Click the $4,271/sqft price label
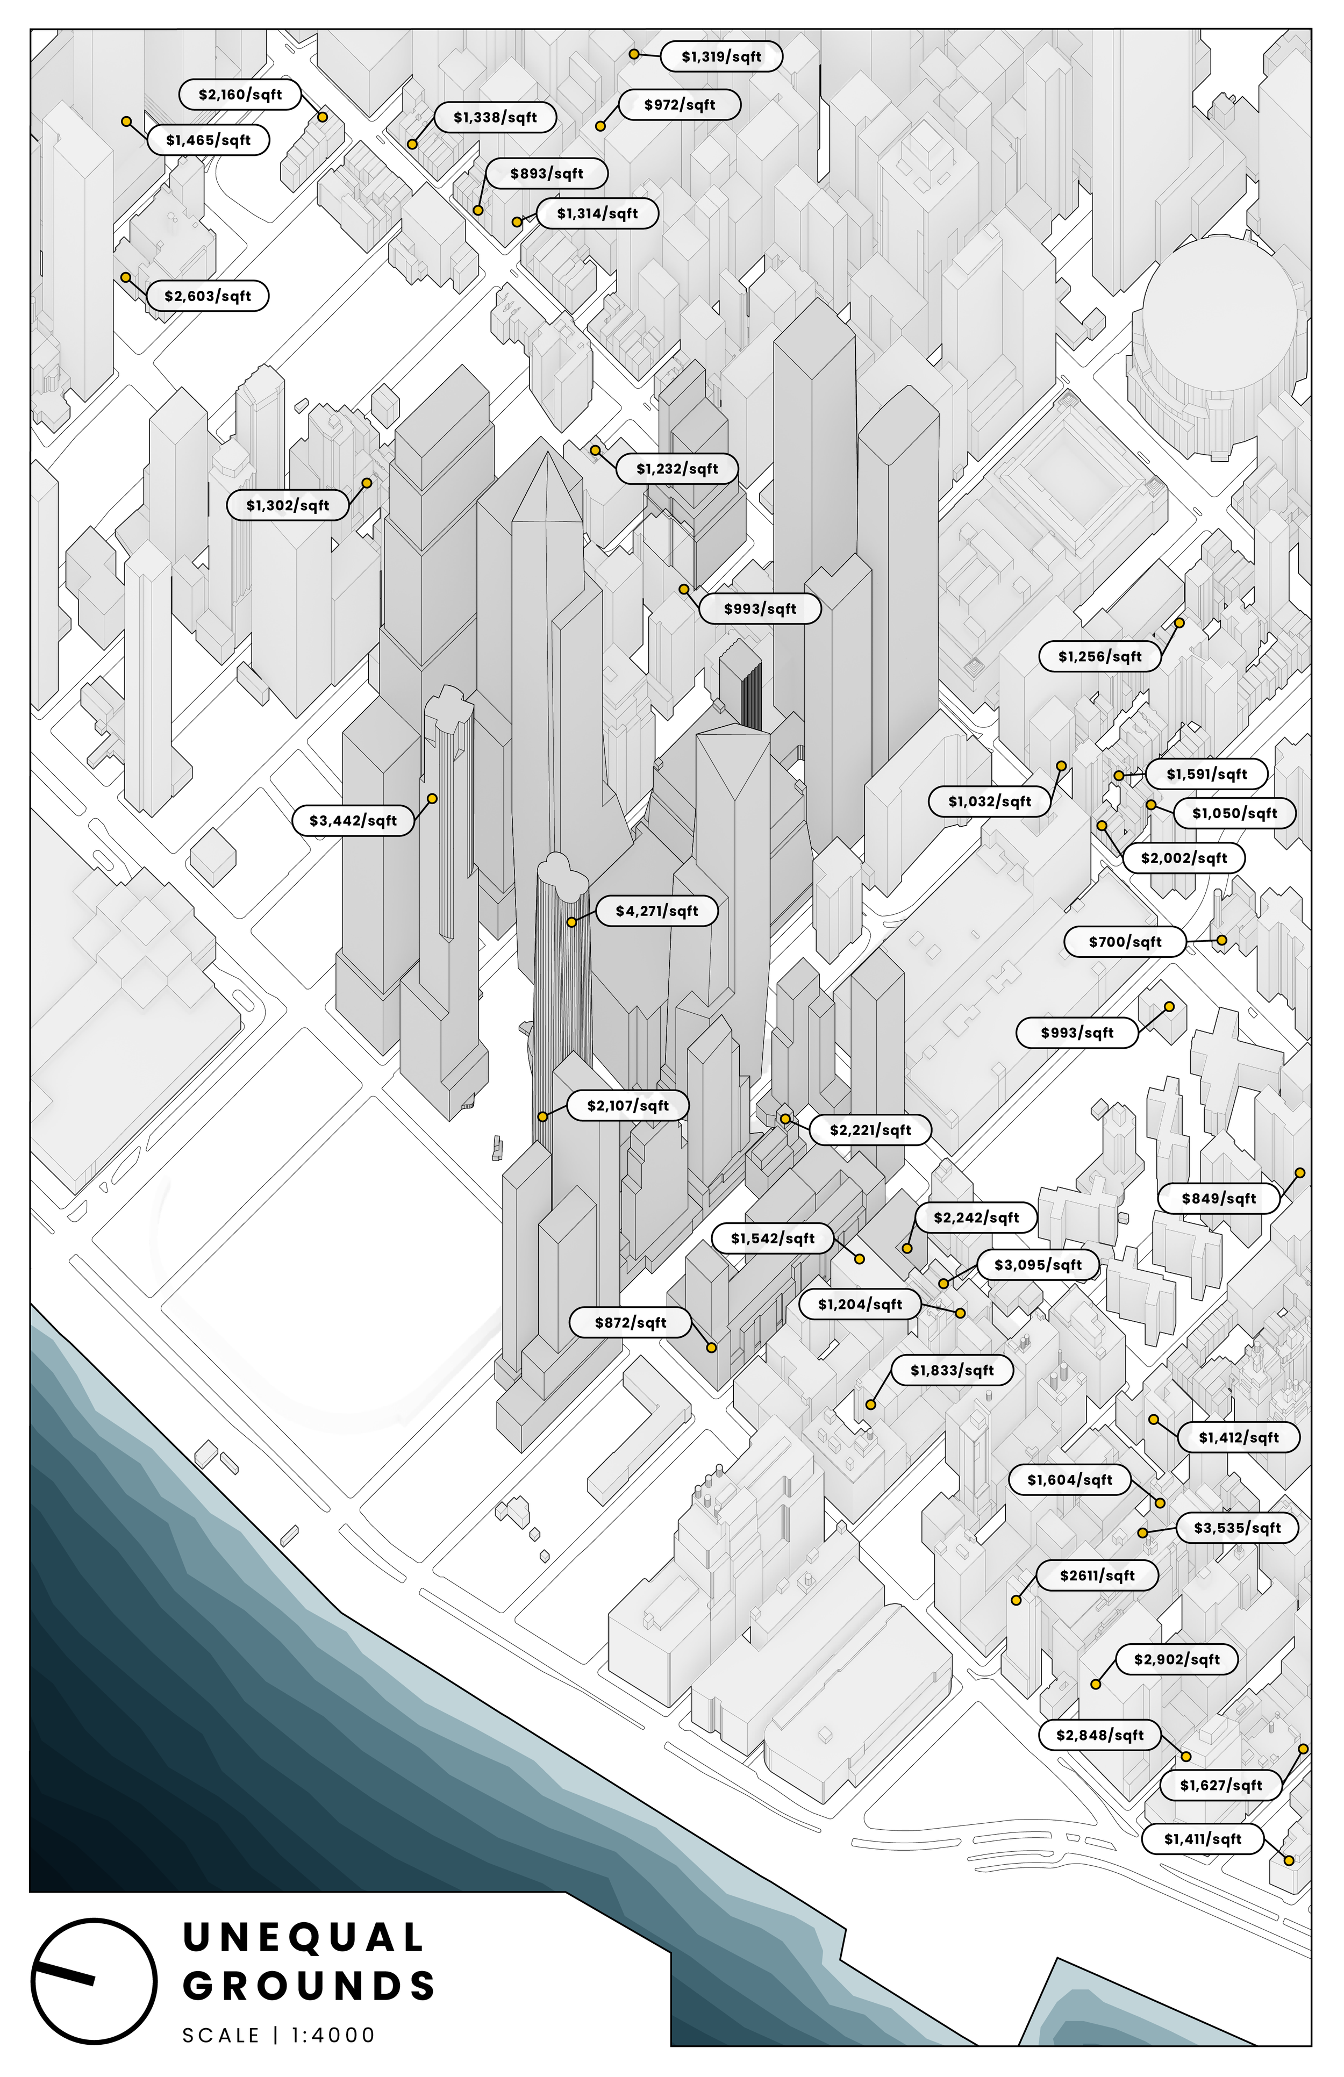[x=656, y=911]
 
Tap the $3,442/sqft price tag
[x=353, y=820]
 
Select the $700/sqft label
[x=1125, y=942]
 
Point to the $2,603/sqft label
[x=208, y=296]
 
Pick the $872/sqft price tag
[x=630, y=1322]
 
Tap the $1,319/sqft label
[x=721, y=57]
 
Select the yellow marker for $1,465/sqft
[x=126, y=121]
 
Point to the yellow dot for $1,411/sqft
[x=1288, y=1860]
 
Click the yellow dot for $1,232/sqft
[x=595, y=450]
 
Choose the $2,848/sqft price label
[x=1099, y=1735]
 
